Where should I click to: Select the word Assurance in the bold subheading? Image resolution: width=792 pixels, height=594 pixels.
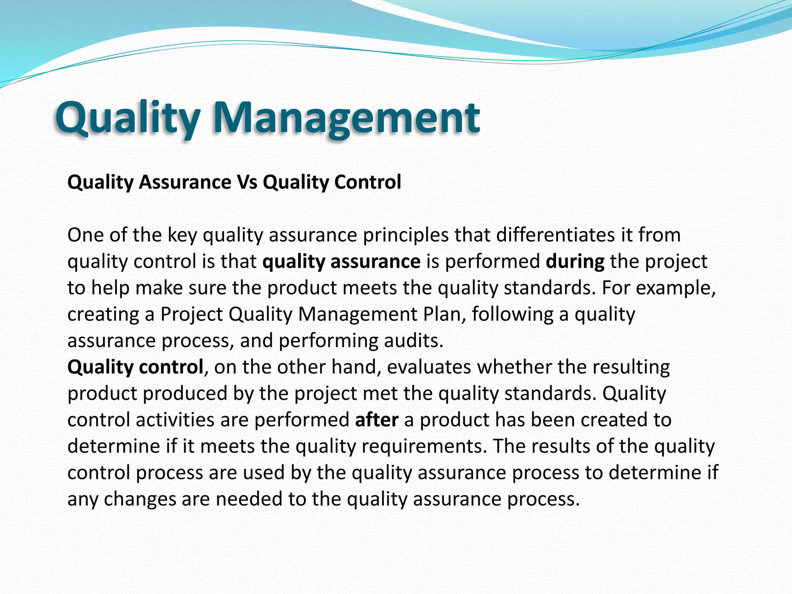pos(185,182)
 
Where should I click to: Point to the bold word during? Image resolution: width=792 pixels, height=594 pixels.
pos(575,261)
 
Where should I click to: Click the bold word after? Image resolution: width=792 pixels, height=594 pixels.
pos(377,420)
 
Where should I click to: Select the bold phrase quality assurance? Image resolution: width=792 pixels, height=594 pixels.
pos(341,261)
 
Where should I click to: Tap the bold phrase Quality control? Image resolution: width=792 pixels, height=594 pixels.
pos(135,367)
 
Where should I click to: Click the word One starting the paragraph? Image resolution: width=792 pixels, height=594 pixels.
pos(85,235)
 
